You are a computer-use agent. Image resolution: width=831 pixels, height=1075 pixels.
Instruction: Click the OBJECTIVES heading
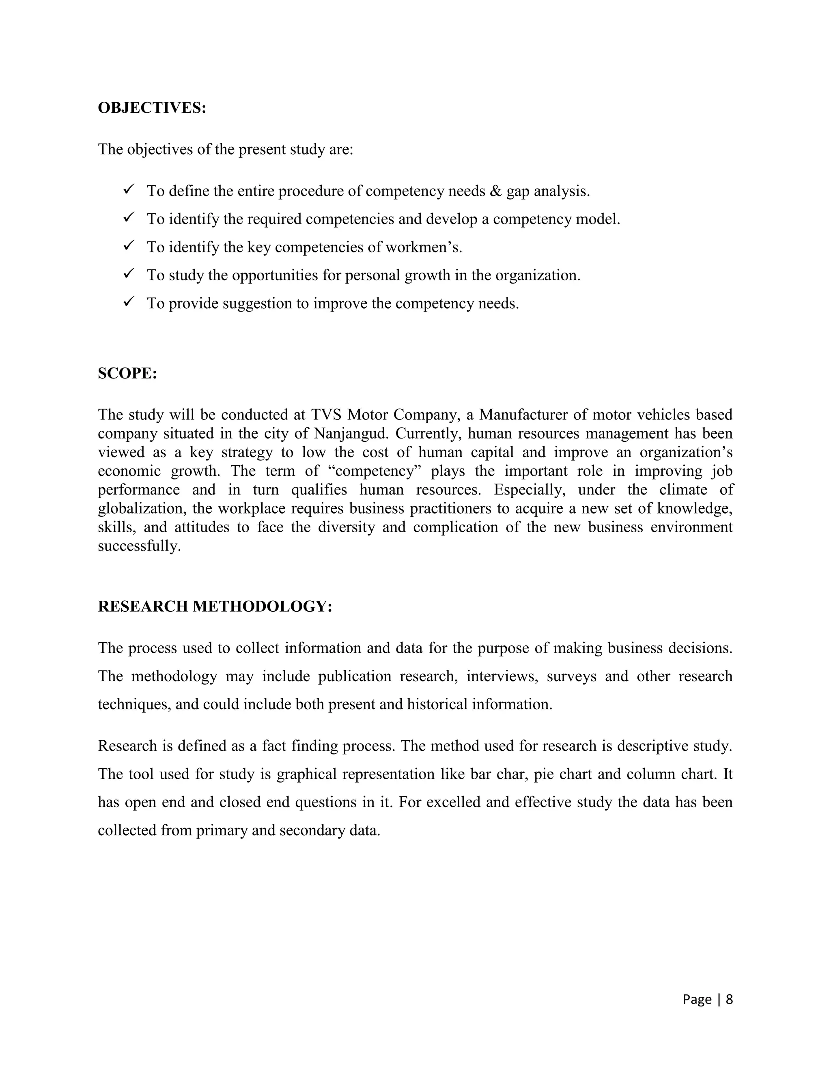coord(152,108)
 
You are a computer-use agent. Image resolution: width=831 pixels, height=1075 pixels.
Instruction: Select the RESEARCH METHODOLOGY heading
coord(215,606)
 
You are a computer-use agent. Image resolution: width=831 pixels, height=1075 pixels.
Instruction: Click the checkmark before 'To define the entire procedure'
coord(129,189)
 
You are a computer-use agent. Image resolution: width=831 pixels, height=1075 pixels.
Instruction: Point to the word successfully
coord(139,546)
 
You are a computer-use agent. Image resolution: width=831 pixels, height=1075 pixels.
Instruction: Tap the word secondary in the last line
coord(312,831)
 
